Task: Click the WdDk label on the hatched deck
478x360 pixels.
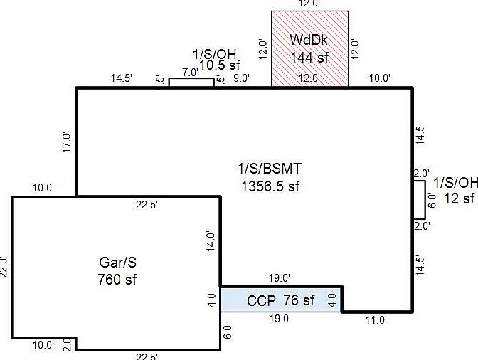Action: pyautogui.click(x=309, y=38)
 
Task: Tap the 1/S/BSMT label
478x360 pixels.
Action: pyautogui.click(x=270, y=169)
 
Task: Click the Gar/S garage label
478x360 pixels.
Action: pyautogui.click(x=117, y=262)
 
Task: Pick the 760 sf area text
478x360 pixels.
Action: pyautogui.click(x=117, y=279)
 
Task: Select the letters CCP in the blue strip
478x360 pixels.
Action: pyautogui.click(x=260, y=300)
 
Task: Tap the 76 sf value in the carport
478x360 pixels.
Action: pyautogui.click(x=299, y=300)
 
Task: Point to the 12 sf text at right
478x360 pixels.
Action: pyautogui.click(x=459, y=198)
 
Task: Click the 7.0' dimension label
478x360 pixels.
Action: pyautogui.click(x=190, y=73)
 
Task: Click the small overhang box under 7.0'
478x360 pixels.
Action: pyautogui.click(x=191, y=83)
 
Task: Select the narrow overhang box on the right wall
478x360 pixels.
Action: pyautogui.click(x=419, y=199)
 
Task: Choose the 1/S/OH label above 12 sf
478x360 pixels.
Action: pyautogui.click(x=456, y=182)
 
